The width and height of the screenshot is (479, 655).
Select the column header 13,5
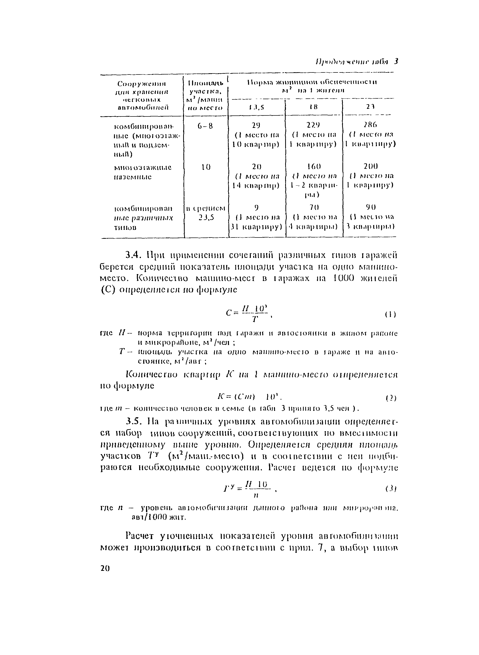coord(257,107)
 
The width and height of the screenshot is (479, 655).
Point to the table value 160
coord(314,166)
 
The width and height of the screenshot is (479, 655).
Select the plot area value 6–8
coord(205,126)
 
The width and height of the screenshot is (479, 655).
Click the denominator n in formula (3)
coord(255,496)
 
